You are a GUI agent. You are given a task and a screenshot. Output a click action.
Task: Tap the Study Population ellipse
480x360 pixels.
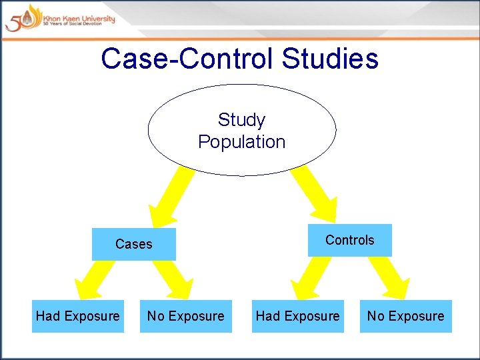coord(241,131)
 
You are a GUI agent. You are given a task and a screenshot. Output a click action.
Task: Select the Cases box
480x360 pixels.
coord(133,244)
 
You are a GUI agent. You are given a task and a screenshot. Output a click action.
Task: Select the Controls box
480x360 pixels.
coord(349,240)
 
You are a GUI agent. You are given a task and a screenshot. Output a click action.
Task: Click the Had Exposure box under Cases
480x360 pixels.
coord(78,316)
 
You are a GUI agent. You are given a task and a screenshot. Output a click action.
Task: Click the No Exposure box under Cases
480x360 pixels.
coord(186,316)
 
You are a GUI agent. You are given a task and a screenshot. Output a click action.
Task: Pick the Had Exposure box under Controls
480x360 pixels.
coord(298,316)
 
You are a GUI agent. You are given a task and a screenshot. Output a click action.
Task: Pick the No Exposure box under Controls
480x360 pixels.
coord(405,316)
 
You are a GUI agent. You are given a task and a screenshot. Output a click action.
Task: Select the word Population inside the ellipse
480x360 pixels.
coord(241,142)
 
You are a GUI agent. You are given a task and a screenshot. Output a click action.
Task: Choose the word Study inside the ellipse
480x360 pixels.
coord(241,120)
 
